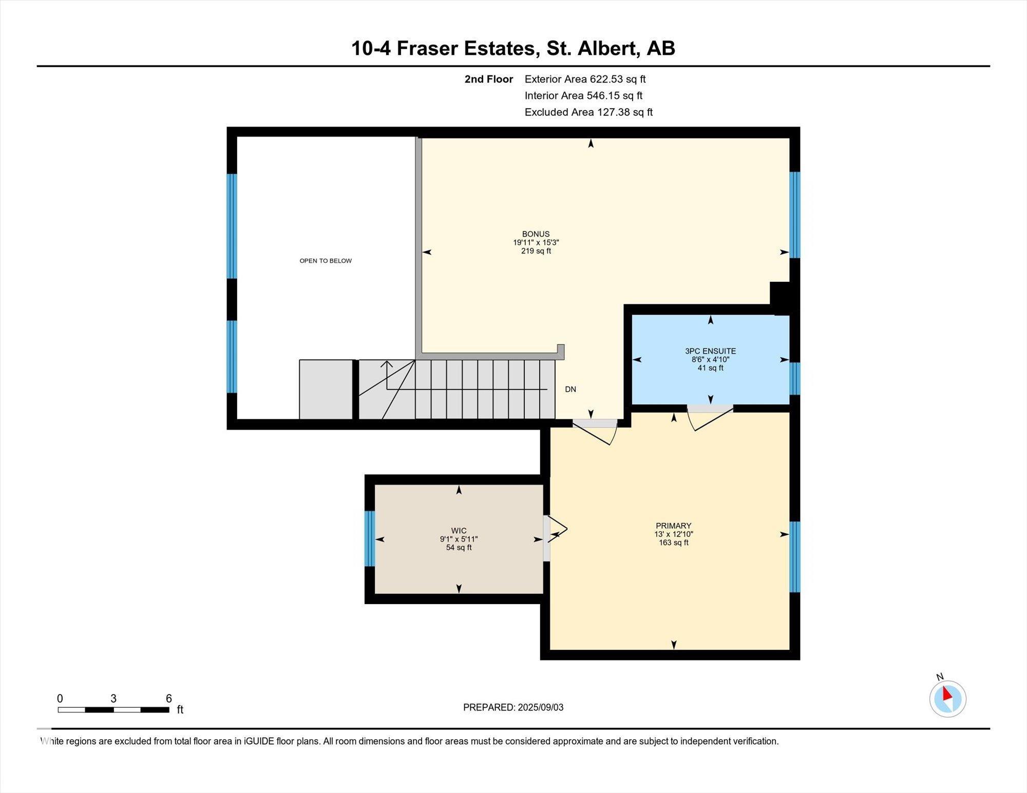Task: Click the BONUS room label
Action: pyautogui.click(x=536, y=234)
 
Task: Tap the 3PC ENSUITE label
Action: pyautogui.click(x=710, y=351)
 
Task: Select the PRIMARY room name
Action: pyautogui.click(x=673, y=526)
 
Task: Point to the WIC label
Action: pyautogui.click(x=459, y=531)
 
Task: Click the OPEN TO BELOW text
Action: pyautogui.click(x=326, y=261)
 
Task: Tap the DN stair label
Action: pyautogui.click(x=570, y=389)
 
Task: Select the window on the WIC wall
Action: pyautogui.click(x=370, y=538)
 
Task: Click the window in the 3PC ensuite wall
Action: pyautogui.click(x=794, y=378)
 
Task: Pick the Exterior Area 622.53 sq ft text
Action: pyautogui.click(x=585, y=79)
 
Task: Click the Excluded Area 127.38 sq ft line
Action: pyautogui.click(x=588, y=112)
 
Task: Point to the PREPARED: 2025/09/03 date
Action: pyautogui.click(x=513, y=707)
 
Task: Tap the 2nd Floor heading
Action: pyautogui.click(x=489, y=79)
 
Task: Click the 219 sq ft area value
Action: pyautogui.click(x=536, y=251)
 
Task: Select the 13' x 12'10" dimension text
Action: pyautogui.click(x=673, y=534)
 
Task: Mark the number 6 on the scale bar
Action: pyautogui.click(x=168, y=698)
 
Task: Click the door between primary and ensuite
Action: pyautogui.click(x=710, y=417)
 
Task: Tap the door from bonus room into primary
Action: pyautogui.click(x=595, y=430)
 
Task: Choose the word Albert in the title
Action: pyautogui.click(x=603, y=48)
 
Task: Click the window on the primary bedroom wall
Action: pyautogui.click(x=794, y=557)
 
